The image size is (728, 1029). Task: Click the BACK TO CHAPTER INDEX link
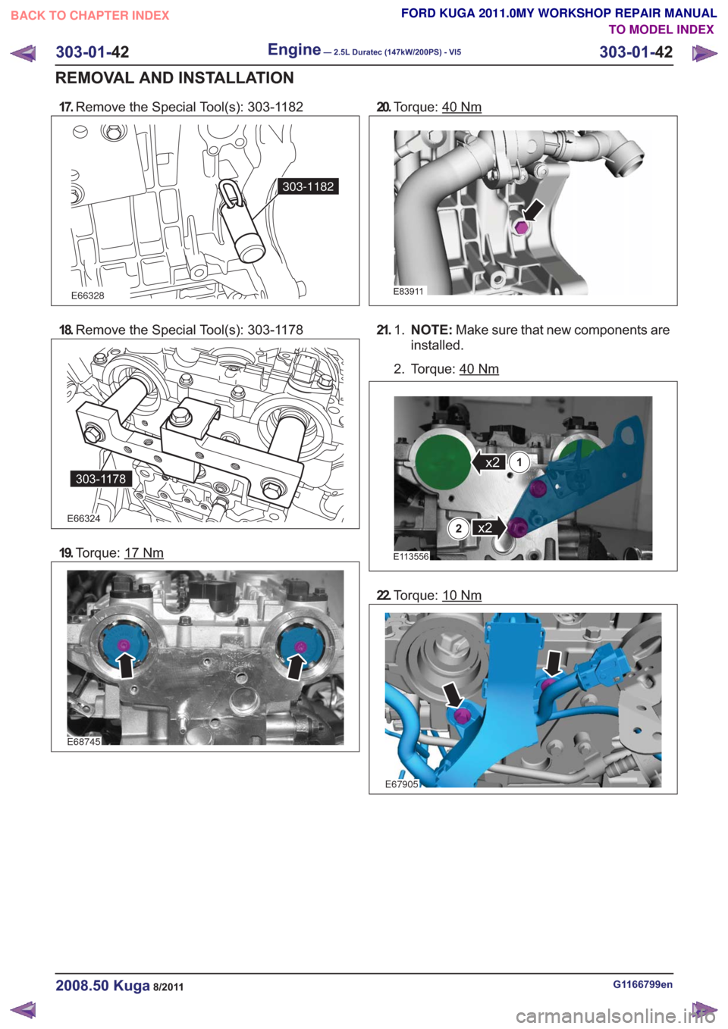[x=90, y=16]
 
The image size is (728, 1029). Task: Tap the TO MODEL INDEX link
[x=661, y=30]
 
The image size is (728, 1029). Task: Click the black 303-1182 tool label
[x=308, y=186]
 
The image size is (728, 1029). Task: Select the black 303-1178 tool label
[x=101, y=479]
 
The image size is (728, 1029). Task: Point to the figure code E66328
[x=88, y=296]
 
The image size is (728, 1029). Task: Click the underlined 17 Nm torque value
[x=144, y=552]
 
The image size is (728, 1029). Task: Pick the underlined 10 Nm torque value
[x=462, y=596]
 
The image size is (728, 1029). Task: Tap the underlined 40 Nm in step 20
[x=461, y=107]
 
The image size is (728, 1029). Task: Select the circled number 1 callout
[x=519, y=462]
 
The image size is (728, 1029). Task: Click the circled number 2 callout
[x=458, y=529]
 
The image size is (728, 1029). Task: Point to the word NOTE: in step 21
[x=432, y=330]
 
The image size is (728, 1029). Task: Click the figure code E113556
[x=411, y=556]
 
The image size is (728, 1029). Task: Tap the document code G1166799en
[x=642, y=984]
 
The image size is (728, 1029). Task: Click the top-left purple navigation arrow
[x=23, y=53]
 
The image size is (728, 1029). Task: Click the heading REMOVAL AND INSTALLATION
[x=174, y=78]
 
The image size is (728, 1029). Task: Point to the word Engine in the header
[x=294, y=49]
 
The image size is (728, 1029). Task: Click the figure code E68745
[x=83, y=741]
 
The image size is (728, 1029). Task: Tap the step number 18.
[x=66, y=330]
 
